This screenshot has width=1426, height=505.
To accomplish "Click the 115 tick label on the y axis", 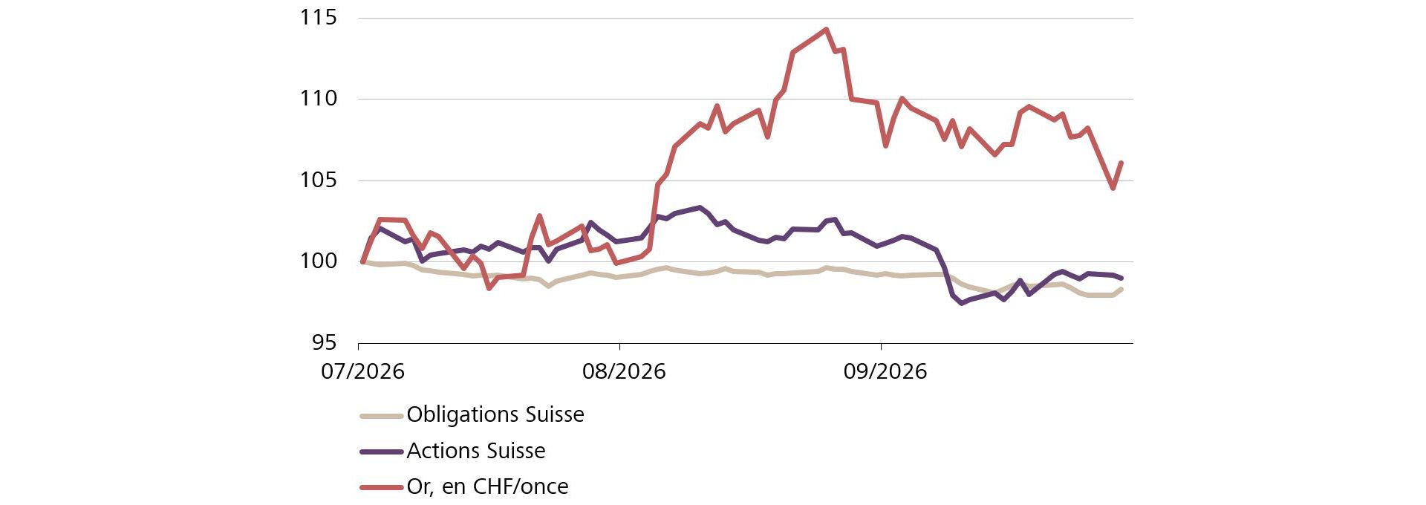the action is tap(318, 17).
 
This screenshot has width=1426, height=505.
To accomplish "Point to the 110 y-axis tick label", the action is tap(318, 98).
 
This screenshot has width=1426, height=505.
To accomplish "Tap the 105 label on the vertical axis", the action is tap(318, 180).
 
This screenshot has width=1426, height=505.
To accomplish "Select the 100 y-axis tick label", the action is tap(318, 261).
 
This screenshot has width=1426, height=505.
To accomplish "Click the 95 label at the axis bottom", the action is tap(325, 342).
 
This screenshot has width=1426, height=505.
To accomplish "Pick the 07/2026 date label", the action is tap(362, 371).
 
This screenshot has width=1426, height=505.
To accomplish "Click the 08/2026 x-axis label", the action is tap(624, 371).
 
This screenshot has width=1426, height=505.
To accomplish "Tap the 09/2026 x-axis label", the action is tap(885, 371).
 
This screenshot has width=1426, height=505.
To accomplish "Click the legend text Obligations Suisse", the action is tap(495, 414).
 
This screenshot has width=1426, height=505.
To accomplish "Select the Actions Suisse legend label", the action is tap(476, 451).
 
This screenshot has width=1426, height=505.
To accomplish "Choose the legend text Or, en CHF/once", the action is tap(487, 486).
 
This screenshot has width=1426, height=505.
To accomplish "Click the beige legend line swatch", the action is tap(381, 415).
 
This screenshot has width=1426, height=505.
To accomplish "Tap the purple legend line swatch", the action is tap(381, 451).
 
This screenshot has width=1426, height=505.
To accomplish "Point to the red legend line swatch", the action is tap(381, 487).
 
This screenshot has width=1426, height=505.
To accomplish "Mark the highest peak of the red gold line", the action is tap(826, 30).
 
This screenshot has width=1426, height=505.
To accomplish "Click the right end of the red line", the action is tap(1121, 163).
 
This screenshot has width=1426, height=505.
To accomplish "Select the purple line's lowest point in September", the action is tap(962, 303).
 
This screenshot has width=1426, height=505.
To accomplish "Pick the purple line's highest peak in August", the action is tap(699, 207).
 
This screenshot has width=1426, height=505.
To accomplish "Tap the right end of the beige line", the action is tap(1121, 289).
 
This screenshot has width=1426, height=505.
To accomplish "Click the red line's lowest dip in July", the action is tap(489, 288).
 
